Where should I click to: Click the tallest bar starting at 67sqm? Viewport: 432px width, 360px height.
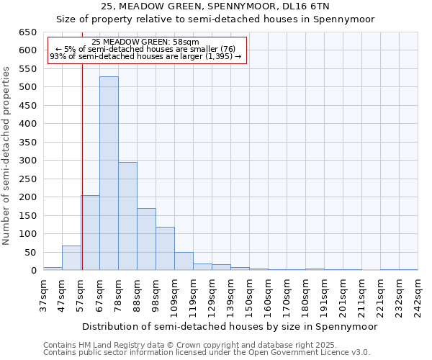(x=109, y=174)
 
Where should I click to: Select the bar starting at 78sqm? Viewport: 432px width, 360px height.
(x=127, y=216)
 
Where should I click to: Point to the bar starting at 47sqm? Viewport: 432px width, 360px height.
(x=71, y=258)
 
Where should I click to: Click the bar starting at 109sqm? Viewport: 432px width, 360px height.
(x=184, y=261)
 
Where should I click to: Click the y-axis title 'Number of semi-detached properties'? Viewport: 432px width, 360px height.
(x=7, y=155)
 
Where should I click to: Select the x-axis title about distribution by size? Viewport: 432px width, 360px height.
(x=230, y=326)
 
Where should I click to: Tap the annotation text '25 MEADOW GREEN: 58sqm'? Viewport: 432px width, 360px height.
(x=146, y=42)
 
